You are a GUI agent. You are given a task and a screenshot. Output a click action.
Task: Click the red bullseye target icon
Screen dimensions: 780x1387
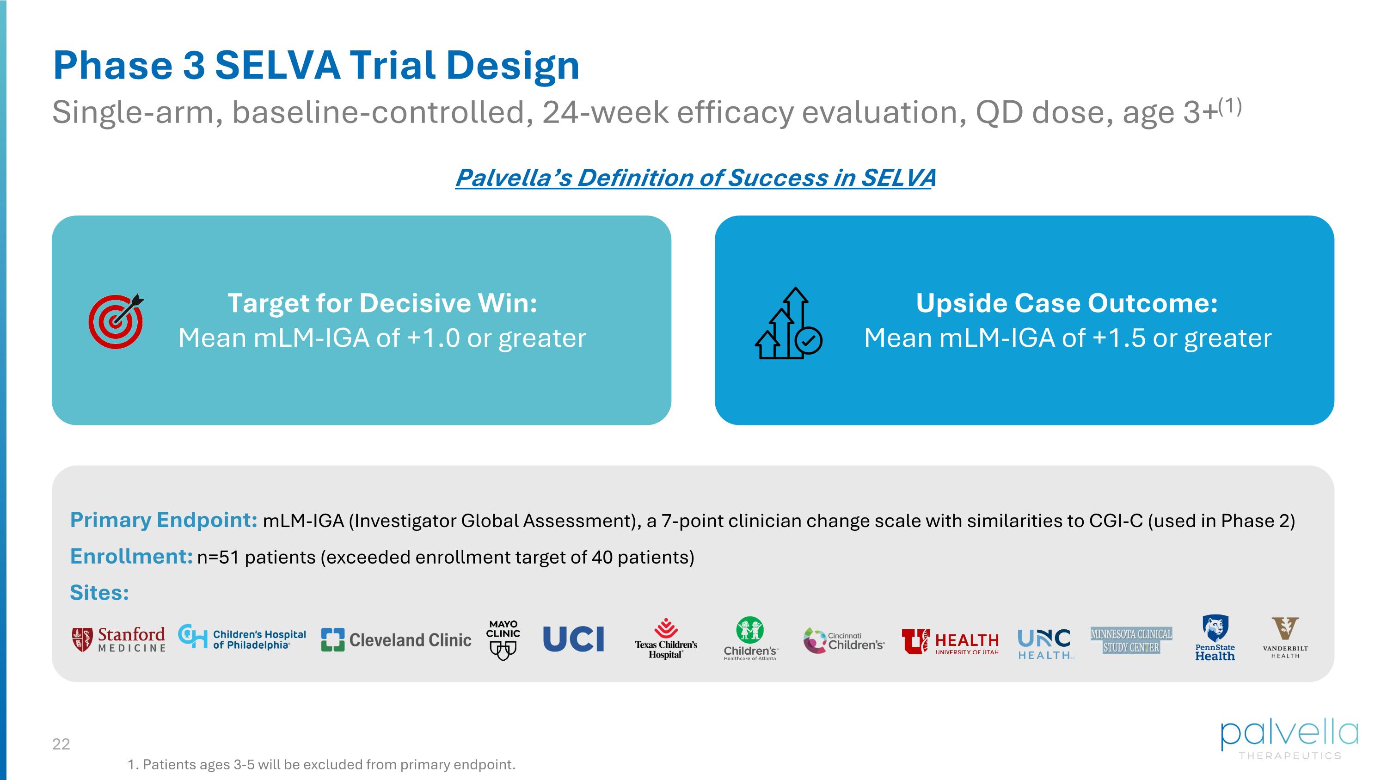coord(116,321)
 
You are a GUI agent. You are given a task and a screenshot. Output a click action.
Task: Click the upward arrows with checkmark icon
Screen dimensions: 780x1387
coord(788,324)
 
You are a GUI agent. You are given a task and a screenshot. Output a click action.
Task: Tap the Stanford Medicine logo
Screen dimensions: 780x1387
coord(119,639)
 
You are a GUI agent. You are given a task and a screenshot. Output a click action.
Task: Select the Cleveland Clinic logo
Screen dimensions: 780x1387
coord(396,639)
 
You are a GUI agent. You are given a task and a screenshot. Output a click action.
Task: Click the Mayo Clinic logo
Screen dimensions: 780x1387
coord(503,639)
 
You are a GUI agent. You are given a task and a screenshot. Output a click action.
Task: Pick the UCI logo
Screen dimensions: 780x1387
coord(573,639)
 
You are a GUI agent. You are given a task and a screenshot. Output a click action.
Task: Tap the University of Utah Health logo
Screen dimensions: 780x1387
coord(951,642)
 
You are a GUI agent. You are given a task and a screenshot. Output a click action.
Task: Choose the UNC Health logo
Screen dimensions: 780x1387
coord(1044,643)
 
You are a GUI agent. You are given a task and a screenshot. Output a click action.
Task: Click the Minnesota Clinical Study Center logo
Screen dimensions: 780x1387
coord(1131,640)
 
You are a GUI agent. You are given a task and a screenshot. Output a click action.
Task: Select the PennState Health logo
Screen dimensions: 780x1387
coord(1215,639)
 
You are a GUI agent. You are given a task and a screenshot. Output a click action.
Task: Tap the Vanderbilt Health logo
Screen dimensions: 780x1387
coord(1285,638)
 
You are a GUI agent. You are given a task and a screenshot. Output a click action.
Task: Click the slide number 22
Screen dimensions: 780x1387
coord(61,744)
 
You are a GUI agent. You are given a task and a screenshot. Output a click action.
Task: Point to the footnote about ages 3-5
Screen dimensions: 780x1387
coord(321,764)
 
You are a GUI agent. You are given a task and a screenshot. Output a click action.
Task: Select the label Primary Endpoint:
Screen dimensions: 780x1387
coord(164,520)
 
